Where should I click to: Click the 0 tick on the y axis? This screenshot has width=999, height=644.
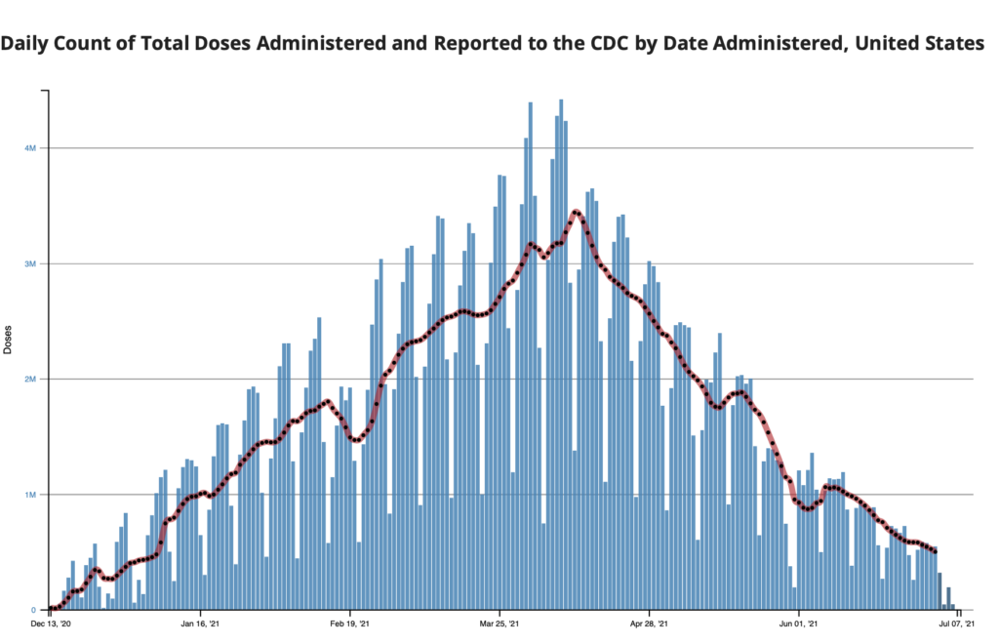[33, 610]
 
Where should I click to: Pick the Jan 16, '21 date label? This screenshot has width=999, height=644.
[200, 623]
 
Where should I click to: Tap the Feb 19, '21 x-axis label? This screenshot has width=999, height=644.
[349, 623]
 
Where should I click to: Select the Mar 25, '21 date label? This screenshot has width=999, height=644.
[499, 623]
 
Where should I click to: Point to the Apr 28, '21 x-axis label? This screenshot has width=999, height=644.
[649, 623]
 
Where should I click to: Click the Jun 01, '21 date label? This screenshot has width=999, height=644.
[798, 623]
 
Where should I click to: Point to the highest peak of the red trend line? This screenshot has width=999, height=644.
[577, 212]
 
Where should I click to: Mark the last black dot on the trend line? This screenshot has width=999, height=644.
[936, 551]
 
